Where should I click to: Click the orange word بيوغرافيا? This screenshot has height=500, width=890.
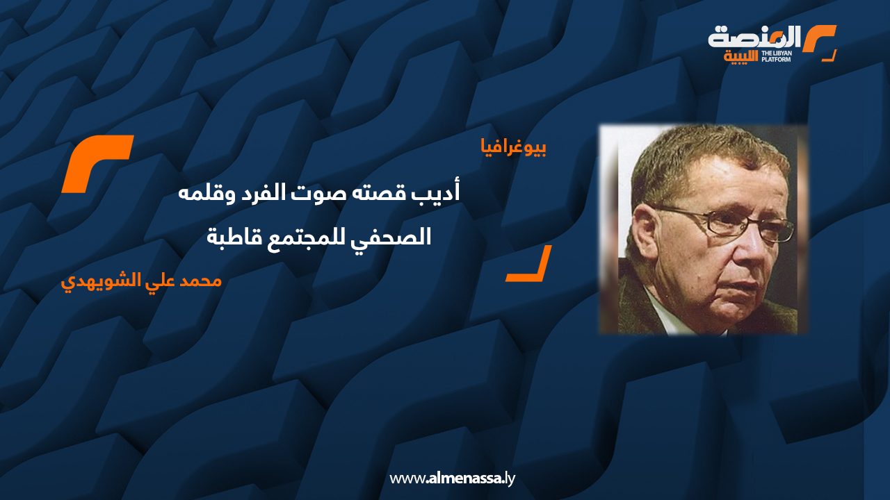click(x=514, y=148)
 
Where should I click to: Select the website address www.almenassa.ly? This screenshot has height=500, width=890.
click(x=452, y=478)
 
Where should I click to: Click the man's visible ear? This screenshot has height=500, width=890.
click(x=645, y=234)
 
